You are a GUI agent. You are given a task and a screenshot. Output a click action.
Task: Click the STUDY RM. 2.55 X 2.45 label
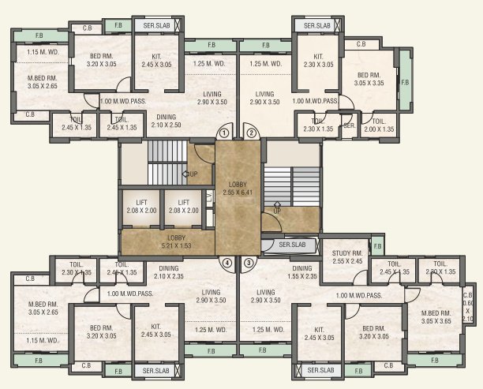coord(347,256)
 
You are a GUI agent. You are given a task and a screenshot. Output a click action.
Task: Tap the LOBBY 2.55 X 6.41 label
coord(238,188)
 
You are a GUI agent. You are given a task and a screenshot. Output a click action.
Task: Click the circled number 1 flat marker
coord(225,134)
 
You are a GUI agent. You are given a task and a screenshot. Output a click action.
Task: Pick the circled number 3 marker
coord(249,263)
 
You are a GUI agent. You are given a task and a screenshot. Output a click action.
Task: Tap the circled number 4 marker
coord(227,263)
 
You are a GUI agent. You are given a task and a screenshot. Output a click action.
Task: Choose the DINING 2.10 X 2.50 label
coord(166,121)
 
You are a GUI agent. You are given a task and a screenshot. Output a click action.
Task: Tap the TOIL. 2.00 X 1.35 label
coord(378,125)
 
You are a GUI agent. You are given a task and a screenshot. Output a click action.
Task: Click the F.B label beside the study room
coord(377,246)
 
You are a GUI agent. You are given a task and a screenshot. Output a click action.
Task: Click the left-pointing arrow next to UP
coord(185,174)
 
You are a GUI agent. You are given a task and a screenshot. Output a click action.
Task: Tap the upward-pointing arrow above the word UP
coord(276,204)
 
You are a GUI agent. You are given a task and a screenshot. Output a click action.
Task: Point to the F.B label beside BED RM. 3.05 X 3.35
coord(405,82)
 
